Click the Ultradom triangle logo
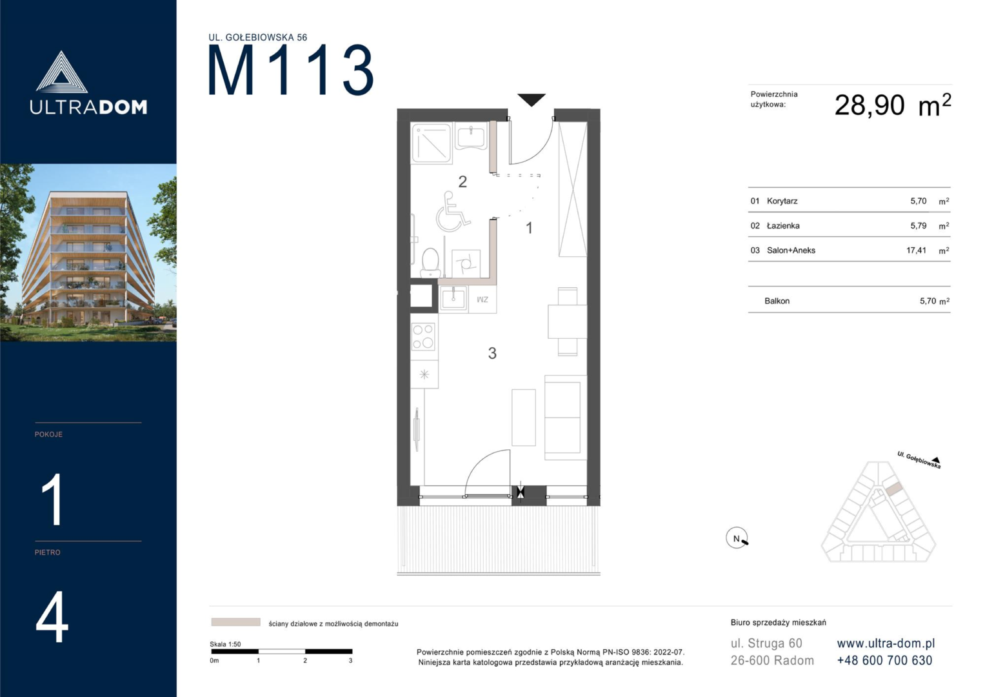61,72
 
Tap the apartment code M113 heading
291,70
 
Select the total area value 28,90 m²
893,106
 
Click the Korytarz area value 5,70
918,201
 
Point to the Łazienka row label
783,226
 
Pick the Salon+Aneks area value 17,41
916,250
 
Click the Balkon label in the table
777,301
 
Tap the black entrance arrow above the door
531,100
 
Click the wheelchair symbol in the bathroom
452,211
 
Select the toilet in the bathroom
430,263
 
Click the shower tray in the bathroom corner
432,143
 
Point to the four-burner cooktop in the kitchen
423,337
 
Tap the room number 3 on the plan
492,353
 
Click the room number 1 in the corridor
530,228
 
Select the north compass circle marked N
737,538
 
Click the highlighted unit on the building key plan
893,489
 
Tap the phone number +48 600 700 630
884,660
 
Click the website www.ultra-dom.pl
886,643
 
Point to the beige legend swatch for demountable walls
235,621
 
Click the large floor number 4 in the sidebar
52,617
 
